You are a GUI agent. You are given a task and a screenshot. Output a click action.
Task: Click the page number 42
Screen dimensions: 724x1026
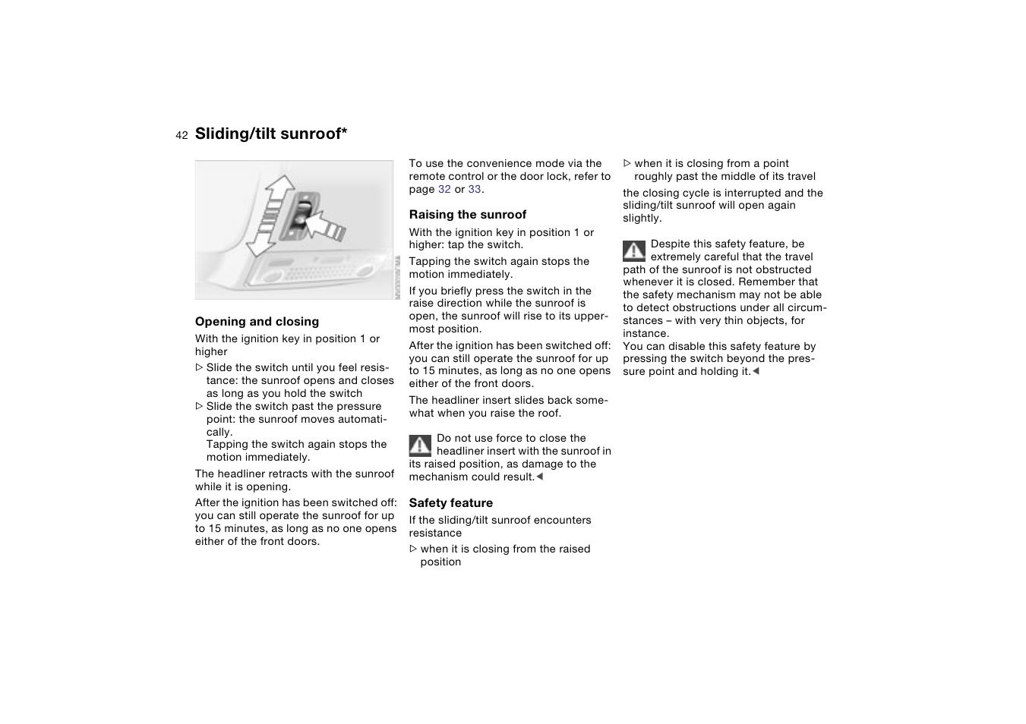click(x=182, y=135)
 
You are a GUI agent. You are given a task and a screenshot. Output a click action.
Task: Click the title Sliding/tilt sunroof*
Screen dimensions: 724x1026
click(x=271, y=134)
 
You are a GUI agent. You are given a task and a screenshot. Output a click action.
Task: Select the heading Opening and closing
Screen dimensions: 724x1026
click(x=257, y=322)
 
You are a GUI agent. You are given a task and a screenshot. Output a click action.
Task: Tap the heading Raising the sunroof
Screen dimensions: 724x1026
click(x=467, y=215)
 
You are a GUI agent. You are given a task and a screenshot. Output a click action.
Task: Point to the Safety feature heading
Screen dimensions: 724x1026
click(x=450, y=503)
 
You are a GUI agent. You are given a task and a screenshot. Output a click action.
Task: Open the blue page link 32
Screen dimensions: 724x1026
click(x=444, y=190)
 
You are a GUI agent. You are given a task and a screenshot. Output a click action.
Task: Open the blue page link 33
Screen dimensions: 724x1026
click(x=475, y=190)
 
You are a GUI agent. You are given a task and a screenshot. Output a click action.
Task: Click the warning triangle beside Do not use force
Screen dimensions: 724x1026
click(x=420, y=445)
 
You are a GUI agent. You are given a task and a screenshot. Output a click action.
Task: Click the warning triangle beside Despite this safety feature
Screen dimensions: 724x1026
click(x=634, y=250)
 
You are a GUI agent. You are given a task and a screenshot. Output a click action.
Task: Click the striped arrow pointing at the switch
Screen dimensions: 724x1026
click(x=327, y=225)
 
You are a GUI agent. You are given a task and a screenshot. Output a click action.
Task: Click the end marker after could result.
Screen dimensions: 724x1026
click(x=540, y=477)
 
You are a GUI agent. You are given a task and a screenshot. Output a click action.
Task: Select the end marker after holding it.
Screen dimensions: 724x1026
click(x=756, y=371)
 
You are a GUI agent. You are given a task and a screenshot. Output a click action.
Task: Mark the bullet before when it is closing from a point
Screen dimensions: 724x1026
click(x=627, y=163)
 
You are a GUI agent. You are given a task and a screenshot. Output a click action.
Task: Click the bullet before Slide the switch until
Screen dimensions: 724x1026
click(x=200, y=368)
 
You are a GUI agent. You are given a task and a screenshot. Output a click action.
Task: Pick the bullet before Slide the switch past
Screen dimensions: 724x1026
click(x=200, y=407)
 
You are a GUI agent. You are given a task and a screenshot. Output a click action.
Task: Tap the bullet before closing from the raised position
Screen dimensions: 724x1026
click(x=413, y=549)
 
